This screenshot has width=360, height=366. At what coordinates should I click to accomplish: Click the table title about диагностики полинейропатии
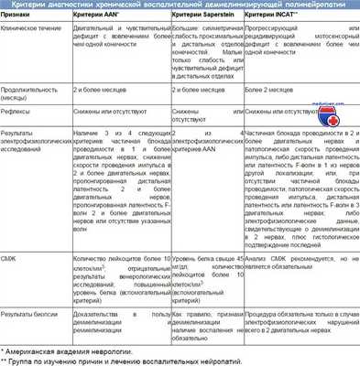pyautogui.click(x=180, y=7)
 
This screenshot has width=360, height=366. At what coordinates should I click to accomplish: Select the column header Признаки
pyautogui.click(x=19, y=20)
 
